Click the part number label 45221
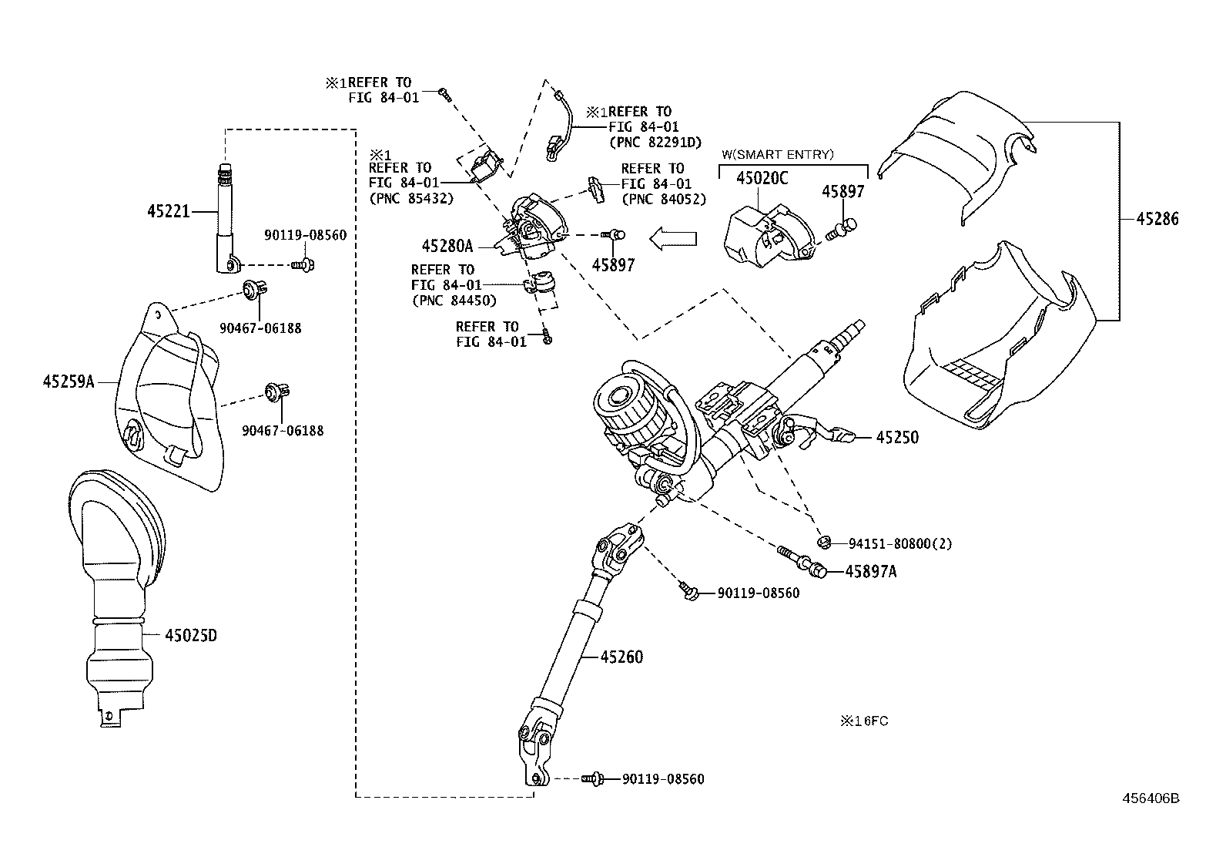(168, 210)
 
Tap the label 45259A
(69, 381)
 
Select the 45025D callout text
(190, 636)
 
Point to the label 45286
(1157, 220)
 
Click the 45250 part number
(897, 438)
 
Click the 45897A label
(871, 571)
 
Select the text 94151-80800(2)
(899, 544)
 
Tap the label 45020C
(762, 179)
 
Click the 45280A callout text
(447, 247)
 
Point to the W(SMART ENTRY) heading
(777, 154)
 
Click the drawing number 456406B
(1150, 798)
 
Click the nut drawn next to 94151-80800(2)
(823, 542)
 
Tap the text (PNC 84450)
(454, 301)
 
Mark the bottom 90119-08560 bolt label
(663, 779)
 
